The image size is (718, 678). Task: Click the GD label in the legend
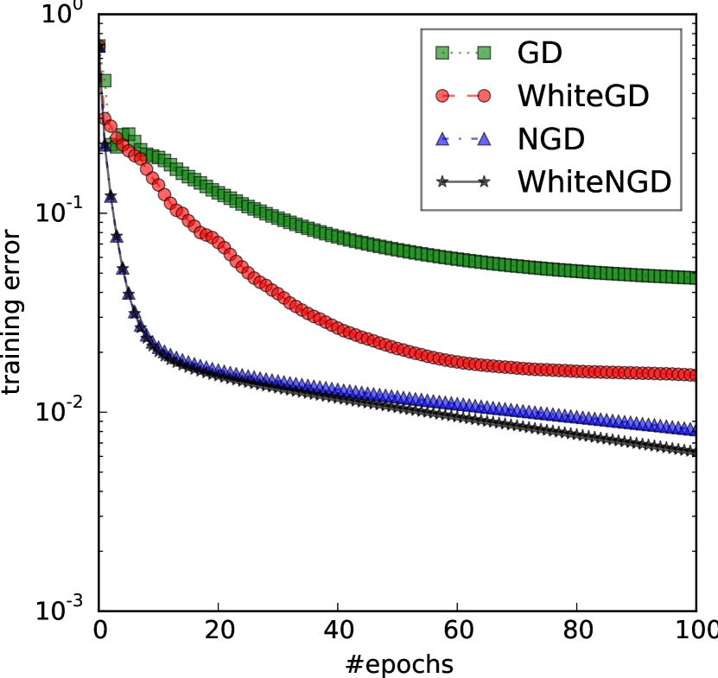pyautogui.click(x=539, y=54)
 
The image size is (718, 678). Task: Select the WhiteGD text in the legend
pyautogui.click(x=582, y=96)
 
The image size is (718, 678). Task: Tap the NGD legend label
pyautogui.click(x=550, y=139)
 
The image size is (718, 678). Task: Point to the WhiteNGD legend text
pyautogui.click(x=594, y=182)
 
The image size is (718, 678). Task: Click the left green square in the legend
pyautogui.click(x=442, y=53)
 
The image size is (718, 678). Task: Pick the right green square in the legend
pyautogui.click(x=484, y=53)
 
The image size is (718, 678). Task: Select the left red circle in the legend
pyautogui.click(x=442, y=96)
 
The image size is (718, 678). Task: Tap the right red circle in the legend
pyautogui.click(x=484, y=96)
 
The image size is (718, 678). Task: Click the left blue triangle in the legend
pyautogui.click(x=442, y=138)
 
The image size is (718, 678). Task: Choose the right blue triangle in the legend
pyautogui.click(x=484, y=138)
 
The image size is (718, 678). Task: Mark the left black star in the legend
pyautogui.click(x=442, y=181)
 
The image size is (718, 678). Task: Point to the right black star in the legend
pyautogui.click(x=484, y=181)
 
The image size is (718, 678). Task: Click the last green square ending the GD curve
pyautogui.click(x=691, y=278)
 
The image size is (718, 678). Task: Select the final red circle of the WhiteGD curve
pyautogui.click(x=691, y=375)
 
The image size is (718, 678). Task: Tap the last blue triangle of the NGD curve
pyautogui.click(x=691, y=429)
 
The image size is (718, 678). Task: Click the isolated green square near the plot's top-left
pyautogui.click(x=105, y=80)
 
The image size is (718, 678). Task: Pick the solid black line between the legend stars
pyautogui.click(x=463, y=181)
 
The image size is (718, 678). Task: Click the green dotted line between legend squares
pyautogui.click(x=463, y=53)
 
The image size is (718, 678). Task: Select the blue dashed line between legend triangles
pyautogui.click(x=463, y=138)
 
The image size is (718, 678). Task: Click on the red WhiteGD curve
pyautogui.click(x=346, y=331)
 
